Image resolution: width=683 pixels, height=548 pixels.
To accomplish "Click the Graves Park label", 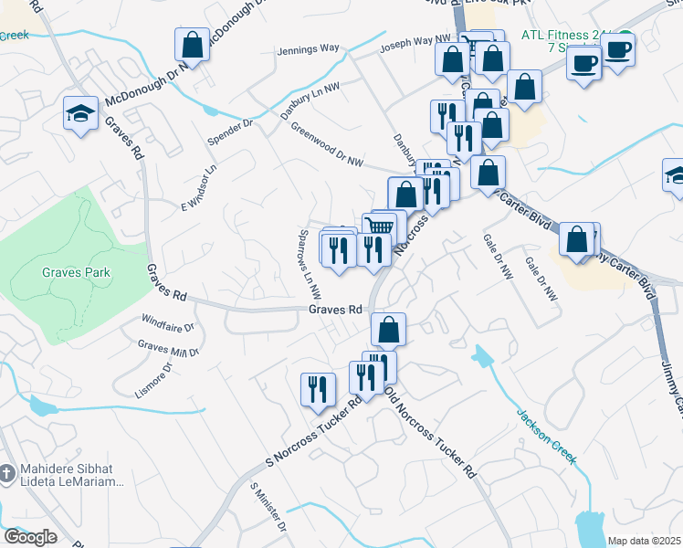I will coord(76,272).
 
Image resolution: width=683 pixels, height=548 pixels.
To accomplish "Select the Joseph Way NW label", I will coord(415,44).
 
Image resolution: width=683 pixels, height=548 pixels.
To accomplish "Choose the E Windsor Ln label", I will coord(202,185).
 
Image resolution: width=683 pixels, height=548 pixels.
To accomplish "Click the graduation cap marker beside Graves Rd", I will coord(79,114).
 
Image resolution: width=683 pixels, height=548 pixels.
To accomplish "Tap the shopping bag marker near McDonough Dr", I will coord(192,44).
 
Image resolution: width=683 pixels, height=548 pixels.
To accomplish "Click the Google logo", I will coord(30,537).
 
